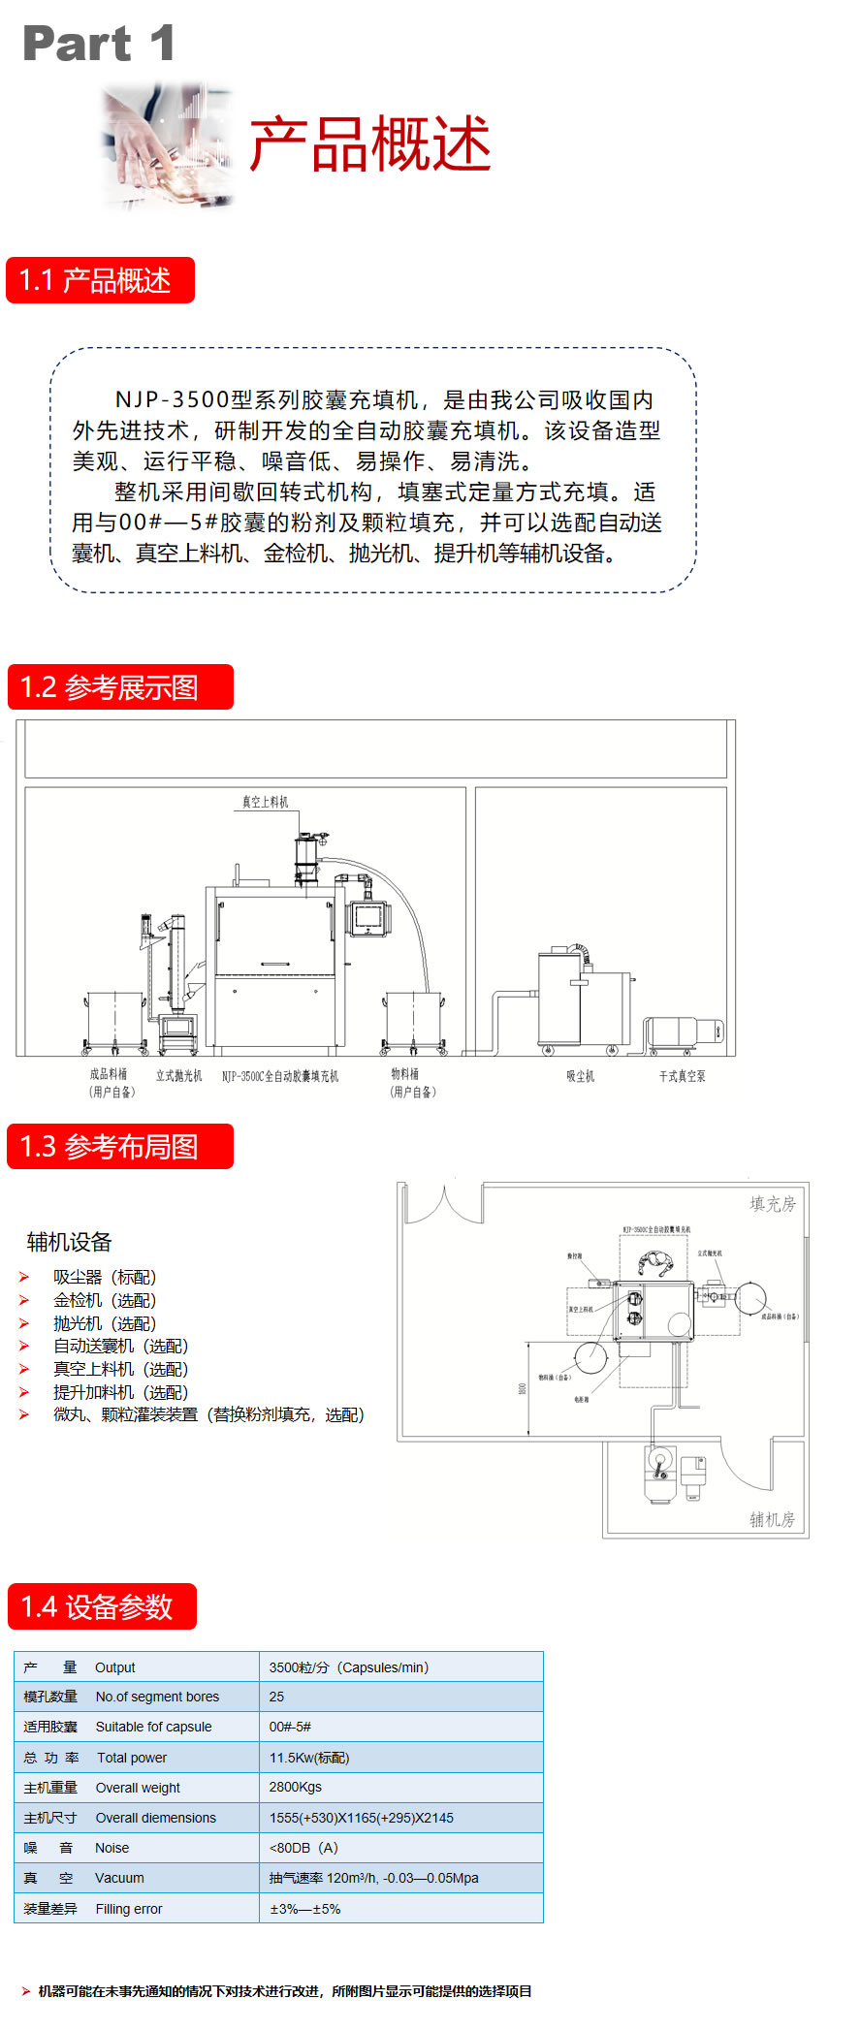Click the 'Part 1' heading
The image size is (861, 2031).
pyautogui.click(x=99, y=45)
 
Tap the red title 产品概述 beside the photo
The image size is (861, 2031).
pyautogui.click(x=369, y=144)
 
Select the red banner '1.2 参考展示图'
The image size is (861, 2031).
pyautogui.click(x=120, y=687)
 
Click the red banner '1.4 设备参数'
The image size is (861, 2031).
pyautogui.click(x=102, y=1606)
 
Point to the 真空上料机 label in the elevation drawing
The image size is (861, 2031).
pyautogui.click(x=265, y=802)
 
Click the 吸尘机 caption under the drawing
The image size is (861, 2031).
pyautogui.click(x=580, y=1076)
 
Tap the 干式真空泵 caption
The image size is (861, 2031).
pyautogui.click(x=682, y=1076)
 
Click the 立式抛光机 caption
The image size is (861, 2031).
pyautogui.click(x=178, y=1075)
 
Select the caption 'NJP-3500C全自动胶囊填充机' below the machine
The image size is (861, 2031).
pyautogui.click(x=280, y=1076)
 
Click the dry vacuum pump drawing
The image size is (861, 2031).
pyautogui.click(x=684, y=1033)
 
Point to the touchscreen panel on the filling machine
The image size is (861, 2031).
pyautogui.click(x=368, y=916)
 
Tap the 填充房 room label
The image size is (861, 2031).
pyautogui.click(x=772, y=1204)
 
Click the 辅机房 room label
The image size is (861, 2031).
pyautogui.click(x=772, y=1519)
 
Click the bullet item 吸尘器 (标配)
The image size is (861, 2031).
pyautogui.click(x=105, y=1278)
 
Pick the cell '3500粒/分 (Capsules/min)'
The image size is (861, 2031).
pyautogui.click(x=348, y=1667)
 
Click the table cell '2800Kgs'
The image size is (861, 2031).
pyautogui.click(x=295, y=1787)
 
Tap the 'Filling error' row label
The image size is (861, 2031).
pyautogui.click(x=129, y=1909)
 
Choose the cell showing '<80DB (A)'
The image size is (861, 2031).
pyautogui.click(x=303, y=1848)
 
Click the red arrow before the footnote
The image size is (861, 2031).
pyautogui.click(x=25, y=1991)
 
